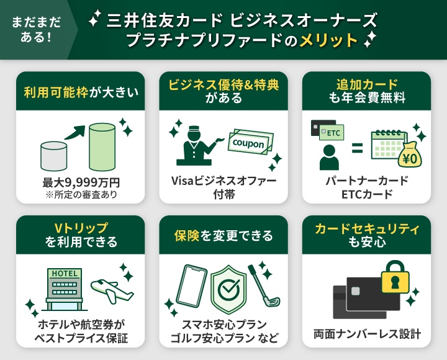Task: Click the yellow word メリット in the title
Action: click(x=328, y=41)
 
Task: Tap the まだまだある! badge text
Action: click(x=36, y=29)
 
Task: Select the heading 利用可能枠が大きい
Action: click(x=81, y=92)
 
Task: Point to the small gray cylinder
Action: click(x=54, y=156)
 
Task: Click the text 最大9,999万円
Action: click(x=81, y=182)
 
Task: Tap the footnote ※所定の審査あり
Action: click(x=81, y=194)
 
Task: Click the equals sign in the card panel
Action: click(x=357, y=149)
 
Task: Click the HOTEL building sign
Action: click(x=65, y=274)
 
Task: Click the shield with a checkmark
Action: click(x=228, y=289)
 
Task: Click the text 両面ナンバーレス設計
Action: click(x=367, y=335)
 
